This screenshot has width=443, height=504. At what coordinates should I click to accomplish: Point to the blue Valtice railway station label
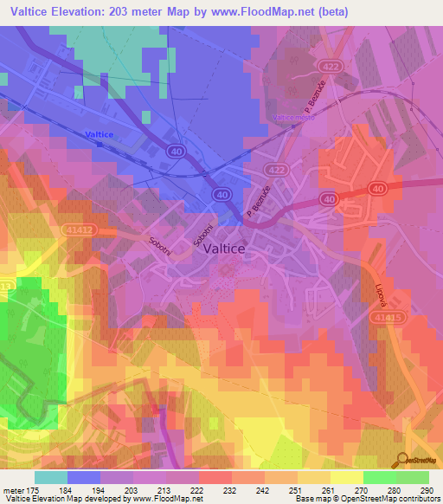tap(100, 134)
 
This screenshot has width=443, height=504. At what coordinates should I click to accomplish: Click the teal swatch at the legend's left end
tap(51, 478)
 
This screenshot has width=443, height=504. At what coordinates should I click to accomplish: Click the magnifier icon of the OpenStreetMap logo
tap(403, 458)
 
